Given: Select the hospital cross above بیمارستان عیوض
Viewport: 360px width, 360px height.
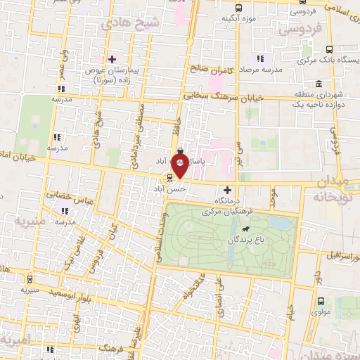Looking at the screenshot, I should coord(111,58).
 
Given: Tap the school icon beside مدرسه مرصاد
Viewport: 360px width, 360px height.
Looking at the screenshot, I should coord(259,59).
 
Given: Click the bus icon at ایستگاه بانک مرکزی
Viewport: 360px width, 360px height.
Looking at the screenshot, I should coord(329,49).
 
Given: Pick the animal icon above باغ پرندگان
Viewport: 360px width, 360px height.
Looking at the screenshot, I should coord(246,229).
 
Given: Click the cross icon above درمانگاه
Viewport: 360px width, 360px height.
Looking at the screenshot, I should coord(226,189).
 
